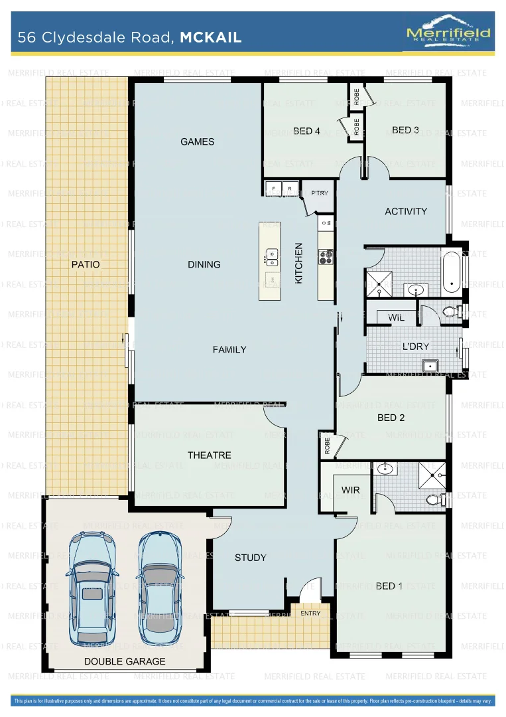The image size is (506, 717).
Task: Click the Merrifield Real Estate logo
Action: pyautogui.click(x=448, y=31)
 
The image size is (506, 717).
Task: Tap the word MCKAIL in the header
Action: pyautogui.click(x=210, y=38)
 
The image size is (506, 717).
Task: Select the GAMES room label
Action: pyautogui.click(x=198, y=141)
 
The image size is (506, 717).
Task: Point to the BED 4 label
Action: pyautogui.click(x=306, y=131)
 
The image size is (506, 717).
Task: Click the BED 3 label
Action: pyautogui.click(x=405, y=130)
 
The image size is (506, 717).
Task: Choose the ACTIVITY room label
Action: pyautogui.click(x=406, y=211)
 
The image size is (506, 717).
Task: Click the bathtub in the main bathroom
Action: pyautogui.click(x=452, y=272)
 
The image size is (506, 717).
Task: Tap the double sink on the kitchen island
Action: pyautogui.click(x=271, y=254)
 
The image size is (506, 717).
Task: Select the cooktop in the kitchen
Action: pyautogui.click(x=326, y=256)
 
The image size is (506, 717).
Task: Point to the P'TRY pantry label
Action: pyautogui.click(x=319, y=193)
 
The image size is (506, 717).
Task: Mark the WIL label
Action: pyautogui.click(x=396, y=318)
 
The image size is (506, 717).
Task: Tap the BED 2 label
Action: pyautogui.click(x=391, y=418)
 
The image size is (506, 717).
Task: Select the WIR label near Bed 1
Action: pyautogui.click(x=350, y=490)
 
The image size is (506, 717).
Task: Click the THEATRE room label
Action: pyautogui.click(x=210, y=455)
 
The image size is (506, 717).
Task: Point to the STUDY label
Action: pyautogui.click(x=250, y=558)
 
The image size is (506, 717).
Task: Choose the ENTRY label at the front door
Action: pyautogui.click(x=310, y=613)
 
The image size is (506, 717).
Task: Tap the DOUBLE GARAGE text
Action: pyautogui.click(x=125, y=661)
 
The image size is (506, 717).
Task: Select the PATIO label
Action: pyautogui.click(x=86, y=264)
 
